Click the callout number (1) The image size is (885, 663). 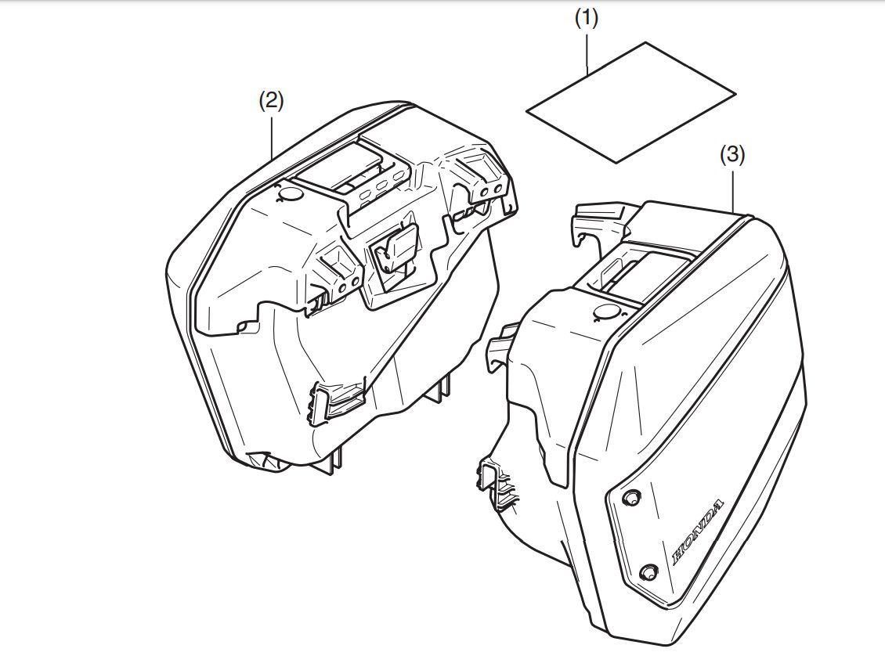click(x=586, y=19)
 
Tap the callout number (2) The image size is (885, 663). click(x=271, y=102)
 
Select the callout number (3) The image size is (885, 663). click(x=732, y=155)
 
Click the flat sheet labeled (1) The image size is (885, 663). click(x=631, y=103)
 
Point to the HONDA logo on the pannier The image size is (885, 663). click(x=698, y=532)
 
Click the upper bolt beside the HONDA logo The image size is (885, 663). click(x=630, y=498)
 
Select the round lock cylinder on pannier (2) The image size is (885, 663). click(x=291, y=194)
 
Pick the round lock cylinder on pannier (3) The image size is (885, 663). click(x=607, y=311)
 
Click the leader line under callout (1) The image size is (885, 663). click(x=587, y=52)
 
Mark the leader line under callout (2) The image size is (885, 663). click(x=272, y=135)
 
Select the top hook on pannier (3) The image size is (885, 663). click(x=600, y=219)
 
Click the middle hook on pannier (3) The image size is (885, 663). click(x=502, y=345)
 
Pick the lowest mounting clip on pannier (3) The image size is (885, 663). click(x=498, y=482)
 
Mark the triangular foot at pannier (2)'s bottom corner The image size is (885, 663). click(x=263, y=461)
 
